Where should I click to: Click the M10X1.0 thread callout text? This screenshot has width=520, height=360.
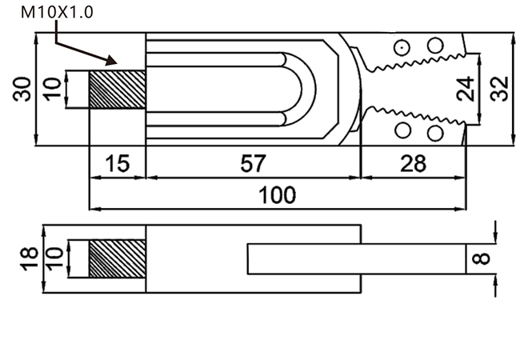click(x=57, y=12)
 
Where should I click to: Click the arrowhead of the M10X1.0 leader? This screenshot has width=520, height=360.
click(x=112, y=60)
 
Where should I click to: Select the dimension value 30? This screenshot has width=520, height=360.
click(x=22, y=89)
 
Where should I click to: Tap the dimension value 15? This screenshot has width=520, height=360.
click(x=118, y=163)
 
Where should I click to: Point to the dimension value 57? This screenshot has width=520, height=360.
click(x=253, y=163)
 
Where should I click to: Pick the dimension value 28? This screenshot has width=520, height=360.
click(x=414, y=163)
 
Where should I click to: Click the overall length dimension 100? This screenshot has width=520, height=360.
click(x=277, y=195)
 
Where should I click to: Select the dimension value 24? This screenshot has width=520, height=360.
click(x=466, y=89)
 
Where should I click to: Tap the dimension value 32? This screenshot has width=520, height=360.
click(x=499, y=89)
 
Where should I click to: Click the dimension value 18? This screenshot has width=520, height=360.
click(x=29, y=258)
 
